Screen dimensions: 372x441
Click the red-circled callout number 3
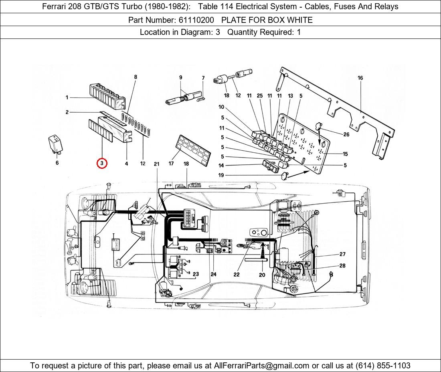(x=102, y=163)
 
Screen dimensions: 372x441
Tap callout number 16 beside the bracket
(x=360, y=78)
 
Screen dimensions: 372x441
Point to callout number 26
(x=346, y=134)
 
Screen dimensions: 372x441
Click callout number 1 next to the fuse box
(x=67, y=97)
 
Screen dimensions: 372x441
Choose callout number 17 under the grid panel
(x=171, y=164)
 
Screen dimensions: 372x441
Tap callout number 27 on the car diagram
(x=342, y=254)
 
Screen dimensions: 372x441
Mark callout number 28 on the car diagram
(x=342, y=265)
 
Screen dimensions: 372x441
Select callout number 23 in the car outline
(x=196, y=274)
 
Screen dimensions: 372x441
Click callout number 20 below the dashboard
(x=262, y=275)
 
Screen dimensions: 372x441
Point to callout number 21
(x=156, y=164)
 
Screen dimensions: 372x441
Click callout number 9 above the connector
(x=181, y=77)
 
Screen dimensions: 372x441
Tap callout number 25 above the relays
(x=260, y=96)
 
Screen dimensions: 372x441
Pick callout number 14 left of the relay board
(x=221, y=166)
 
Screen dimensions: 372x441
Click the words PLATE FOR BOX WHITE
(x=267, y=20)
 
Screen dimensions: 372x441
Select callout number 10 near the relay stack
(x=221, y=107)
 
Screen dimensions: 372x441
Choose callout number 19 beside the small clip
(x=221, y=175)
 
